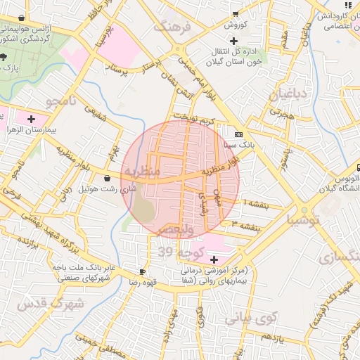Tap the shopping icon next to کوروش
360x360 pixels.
tap(236, 13)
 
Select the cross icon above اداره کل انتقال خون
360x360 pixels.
tap(233, 41)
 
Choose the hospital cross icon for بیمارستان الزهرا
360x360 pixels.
tap(31, 119)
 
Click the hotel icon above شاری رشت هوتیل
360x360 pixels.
tap(107, 179)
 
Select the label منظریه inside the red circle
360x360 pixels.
tap(142, 171)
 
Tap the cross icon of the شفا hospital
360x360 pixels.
tap(214, 259)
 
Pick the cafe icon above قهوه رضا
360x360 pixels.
tap(143, 271)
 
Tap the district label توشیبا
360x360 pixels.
tap(302, 220)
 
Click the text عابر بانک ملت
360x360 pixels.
tap(79, 268)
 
